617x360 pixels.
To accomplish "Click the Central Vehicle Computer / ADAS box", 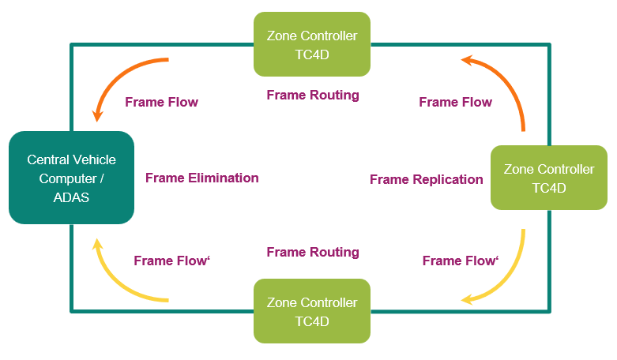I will click(x=71, y=178).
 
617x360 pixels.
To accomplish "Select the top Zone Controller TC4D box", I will click(x=312, y=44).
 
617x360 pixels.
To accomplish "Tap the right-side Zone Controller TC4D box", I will click(x=549, y=178).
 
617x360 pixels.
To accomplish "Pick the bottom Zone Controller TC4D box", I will click(x=312, y=311).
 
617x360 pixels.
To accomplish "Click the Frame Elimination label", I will click(x=202, y=178).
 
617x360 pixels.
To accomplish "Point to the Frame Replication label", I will click(x=427, y=179).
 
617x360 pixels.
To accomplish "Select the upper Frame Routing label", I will click(x=313, y=95).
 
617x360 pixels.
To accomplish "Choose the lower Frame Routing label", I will click(x=313, y=252).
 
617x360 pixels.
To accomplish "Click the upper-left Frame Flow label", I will click(x=161, y=102).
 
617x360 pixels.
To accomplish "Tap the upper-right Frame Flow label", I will click(x=455, y=102).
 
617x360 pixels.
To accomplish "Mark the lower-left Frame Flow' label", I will click(x=171, y=261).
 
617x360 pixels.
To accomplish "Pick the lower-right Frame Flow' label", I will click(x=461, y=261).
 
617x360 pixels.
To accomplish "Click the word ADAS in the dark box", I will click(x=71, y=197).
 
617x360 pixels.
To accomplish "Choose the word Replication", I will click(x=448, y=179).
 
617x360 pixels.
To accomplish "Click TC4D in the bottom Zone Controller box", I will click(x=312, y=321).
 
